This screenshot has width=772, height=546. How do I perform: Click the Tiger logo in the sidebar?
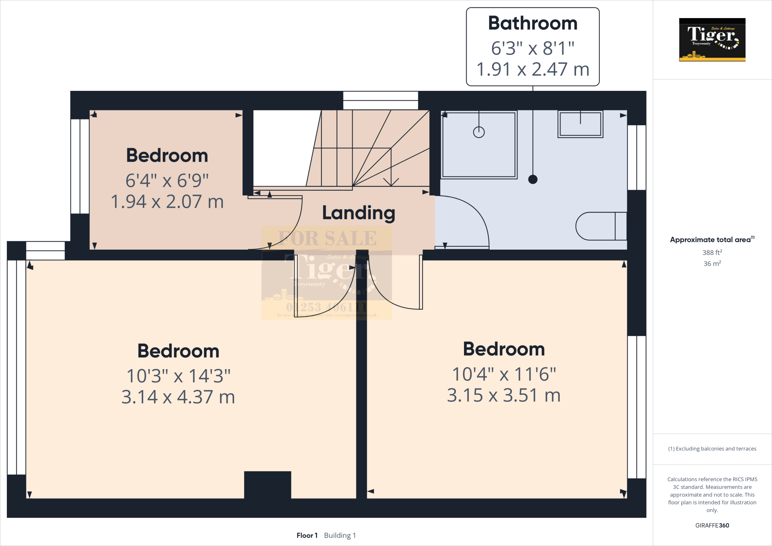pyautogui.click(x=712, y=40)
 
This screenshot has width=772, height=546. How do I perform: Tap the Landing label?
pyautogui.click(x=358, y=213)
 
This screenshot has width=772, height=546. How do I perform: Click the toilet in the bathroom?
pyautogui.click(x=601, y=226)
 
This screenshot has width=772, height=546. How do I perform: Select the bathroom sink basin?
pyautogui.click(x=580, y=124)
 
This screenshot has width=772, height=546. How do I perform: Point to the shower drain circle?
pyautogui.click(x=479, y=132)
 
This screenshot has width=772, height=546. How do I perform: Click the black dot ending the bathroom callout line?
pyautogui.click(x=533, y=179)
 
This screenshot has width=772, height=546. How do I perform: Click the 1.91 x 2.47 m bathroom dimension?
pyautogui.click(x=533, y=70)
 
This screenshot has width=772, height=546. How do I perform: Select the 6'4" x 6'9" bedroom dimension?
pyautogui.click(x=167, y=181)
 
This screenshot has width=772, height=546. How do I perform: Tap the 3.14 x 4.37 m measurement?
pyautogui.click(x=178, y=397)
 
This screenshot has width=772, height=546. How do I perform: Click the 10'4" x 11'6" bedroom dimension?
pyautogui.click(x=504, y=374)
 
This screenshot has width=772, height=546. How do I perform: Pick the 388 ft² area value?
pyautogui.click(x=712, y=253)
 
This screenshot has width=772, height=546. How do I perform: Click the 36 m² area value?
pyautogui.click(x=712, y=264)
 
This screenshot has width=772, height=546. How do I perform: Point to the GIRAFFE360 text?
pyautogui.click(x=712, y=525)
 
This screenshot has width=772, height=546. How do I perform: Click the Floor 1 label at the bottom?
pyautogui.click(x=307, y=535)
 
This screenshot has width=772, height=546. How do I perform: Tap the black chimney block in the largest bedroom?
pyautogui.click(x=267, y=485)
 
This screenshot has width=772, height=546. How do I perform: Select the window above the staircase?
pyautogui.click(x=380, y=100)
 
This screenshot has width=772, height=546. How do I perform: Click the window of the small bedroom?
pyautogui.click(x=80, y=166)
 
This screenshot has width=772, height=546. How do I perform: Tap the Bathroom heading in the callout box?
pyautogui.click(x=533, y=23)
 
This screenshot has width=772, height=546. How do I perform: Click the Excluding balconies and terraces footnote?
pyautogui.click(x=712, y=449)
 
